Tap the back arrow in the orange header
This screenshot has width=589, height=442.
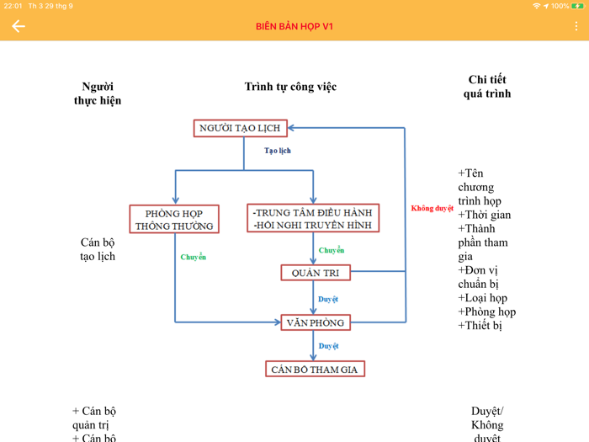click(19, 26)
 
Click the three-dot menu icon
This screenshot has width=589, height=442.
click(576, 26)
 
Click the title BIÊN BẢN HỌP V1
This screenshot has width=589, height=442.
click(294, 26)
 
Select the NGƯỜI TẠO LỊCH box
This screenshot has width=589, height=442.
click(240, 128)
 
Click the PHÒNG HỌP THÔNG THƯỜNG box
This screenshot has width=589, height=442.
click(174, 219)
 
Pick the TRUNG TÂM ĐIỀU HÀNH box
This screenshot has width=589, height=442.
click(312, 218)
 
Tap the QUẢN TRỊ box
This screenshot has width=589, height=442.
click(315, 273)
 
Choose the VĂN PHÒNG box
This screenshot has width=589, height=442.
click(315, 322)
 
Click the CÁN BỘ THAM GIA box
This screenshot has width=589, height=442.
click(315, 369)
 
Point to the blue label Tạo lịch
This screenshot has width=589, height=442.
click(278, 151)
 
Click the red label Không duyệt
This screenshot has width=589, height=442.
click(432, 208)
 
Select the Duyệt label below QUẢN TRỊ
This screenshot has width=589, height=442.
click(328, 299)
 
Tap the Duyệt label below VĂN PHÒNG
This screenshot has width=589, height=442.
click(328, 346)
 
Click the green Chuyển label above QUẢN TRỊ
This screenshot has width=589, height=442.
click(332, 250)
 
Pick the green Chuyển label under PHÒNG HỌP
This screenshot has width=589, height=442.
click(194, 257)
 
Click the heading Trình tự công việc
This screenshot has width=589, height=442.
click(290, 87)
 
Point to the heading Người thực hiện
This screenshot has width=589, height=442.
click(98, 93)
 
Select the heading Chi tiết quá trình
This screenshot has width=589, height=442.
click(486, 87)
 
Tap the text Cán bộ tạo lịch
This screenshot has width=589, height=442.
click(98, 249)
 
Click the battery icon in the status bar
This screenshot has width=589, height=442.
click(578, 6)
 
